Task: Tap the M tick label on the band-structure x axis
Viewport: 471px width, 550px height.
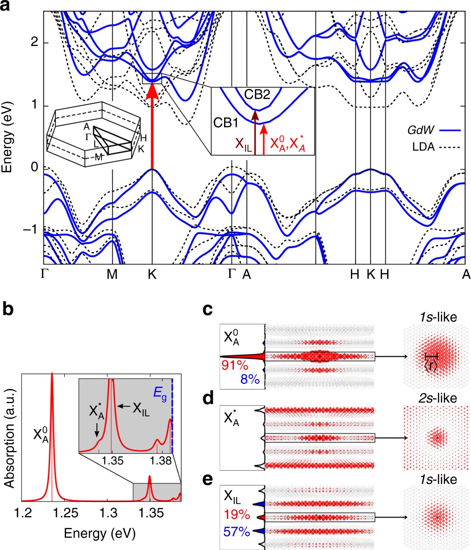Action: tap(112, 275)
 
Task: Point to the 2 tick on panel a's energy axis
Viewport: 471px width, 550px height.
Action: tap(33, 43)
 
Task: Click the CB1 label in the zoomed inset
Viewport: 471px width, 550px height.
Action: tap(225, 122)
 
